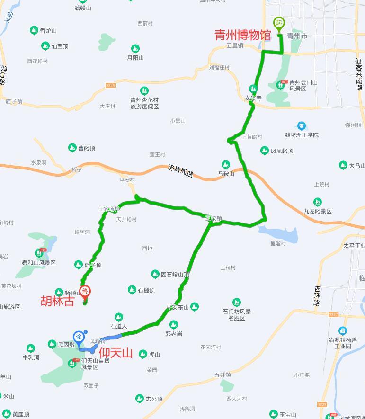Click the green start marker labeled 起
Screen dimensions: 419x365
tap(279, 23)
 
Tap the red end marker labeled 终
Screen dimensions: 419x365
tap(85, 292)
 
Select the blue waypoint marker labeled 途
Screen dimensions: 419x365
tap(79, 337)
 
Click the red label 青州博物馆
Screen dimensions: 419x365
tap(243, 35)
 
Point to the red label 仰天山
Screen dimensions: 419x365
tap(116, 353)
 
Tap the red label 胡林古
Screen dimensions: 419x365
tap(58, 302)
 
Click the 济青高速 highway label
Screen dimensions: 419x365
tap(180, 171)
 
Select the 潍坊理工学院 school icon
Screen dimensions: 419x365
tap(301, 126)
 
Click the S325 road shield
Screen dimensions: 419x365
tap(110, 85)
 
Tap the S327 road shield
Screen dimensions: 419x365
tap(333, 315)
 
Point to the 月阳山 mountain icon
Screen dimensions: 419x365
tap(135, 48)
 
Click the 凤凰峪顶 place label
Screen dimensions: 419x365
tap(282, 151)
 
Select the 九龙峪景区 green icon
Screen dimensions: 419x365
tap(318, 202)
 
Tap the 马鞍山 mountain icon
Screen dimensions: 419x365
tap(226, 165)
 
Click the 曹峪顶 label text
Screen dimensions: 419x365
tap(87, 148)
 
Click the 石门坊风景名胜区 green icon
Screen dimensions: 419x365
tap(236, 302)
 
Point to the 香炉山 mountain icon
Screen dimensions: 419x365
tap(34, 30)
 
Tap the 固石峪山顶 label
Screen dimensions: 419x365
tap(175, 274)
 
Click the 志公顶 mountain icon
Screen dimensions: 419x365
tap(140, 399)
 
